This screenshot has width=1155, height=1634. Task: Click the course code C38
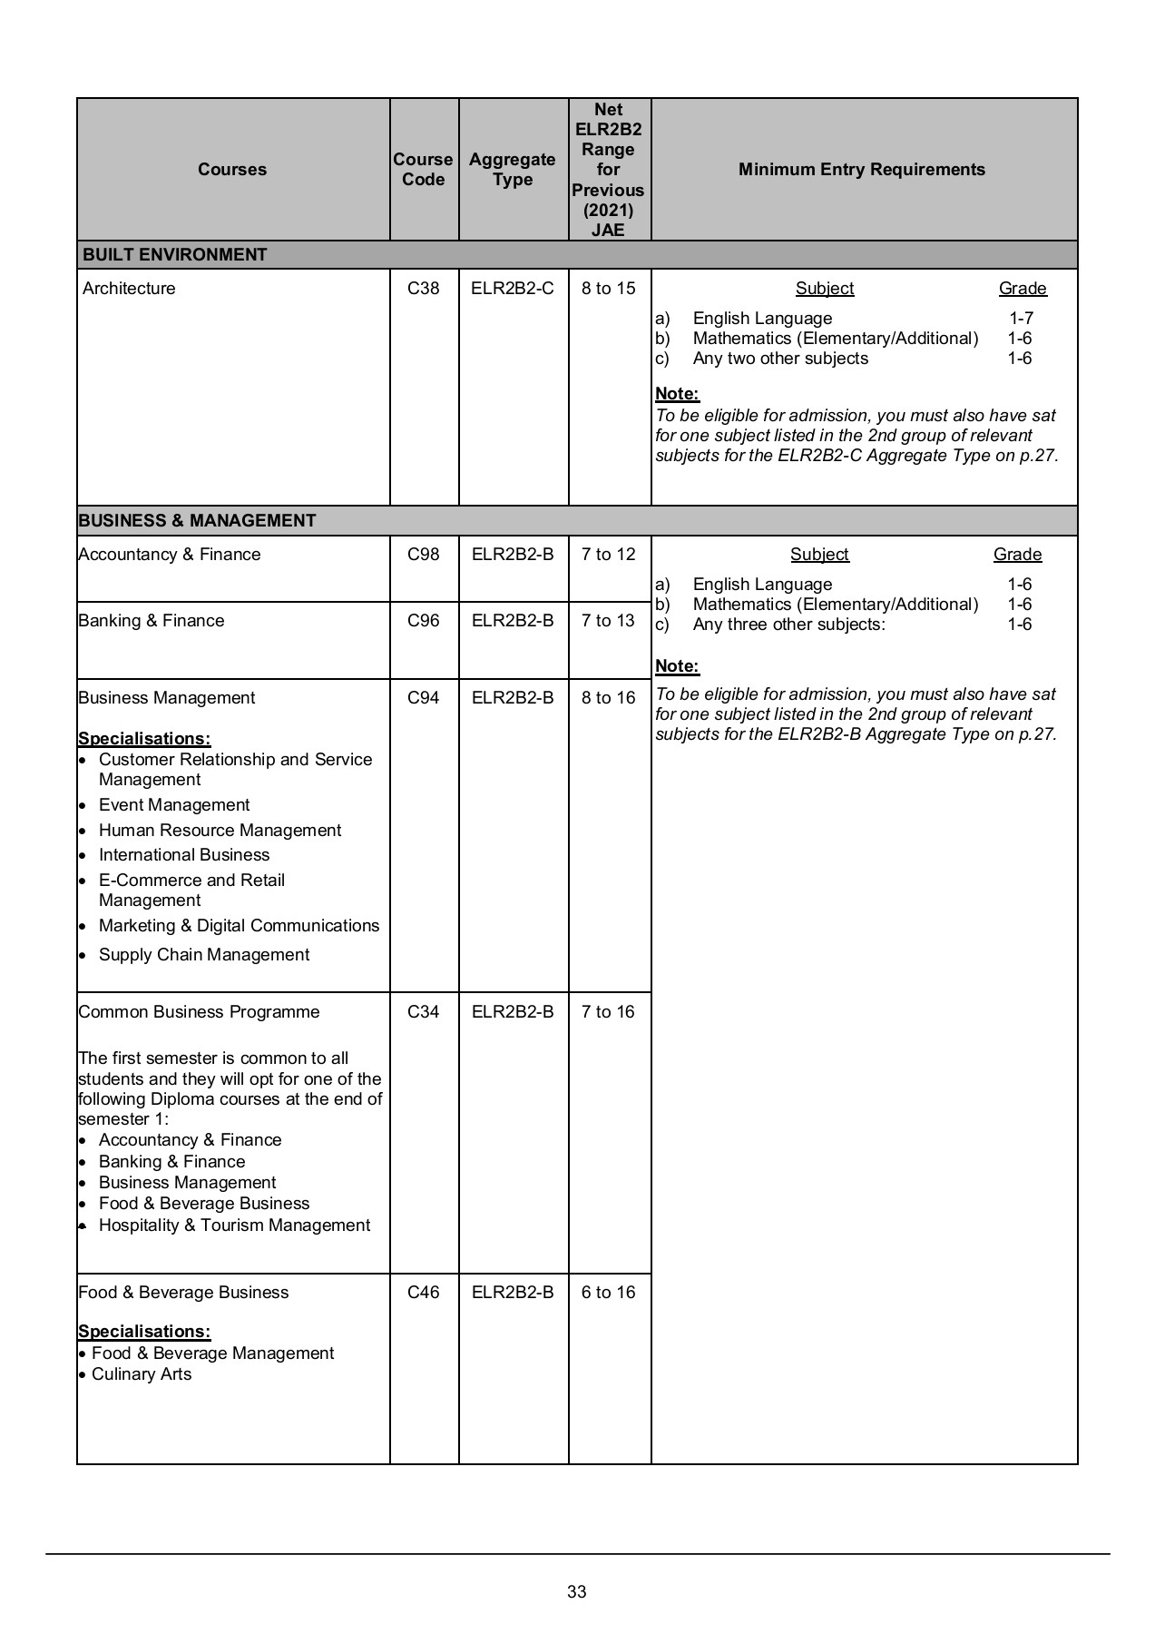click(x=423, y=289)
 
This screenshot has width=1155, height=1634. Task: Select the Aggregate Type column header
click(x=513, y=170)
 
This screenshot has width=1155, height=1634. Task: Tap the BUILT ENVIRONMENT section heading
click(x=175, y=255)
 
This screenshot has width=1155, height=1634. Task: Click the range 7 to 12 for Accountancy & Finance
click(x=608, y=555)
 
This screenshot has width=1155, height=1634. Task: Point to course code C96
click(x=423, y=621)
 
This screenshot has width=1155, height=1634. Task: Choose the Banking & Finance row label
click(x=152, y=621)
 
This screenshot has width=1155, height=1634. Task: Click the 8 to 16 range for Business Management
click(x=608, y=698)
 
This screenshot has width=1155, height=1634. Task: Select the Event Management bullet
click(x=174, y=805)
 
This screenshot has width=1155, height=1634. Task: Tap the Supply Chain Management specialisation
click(x=204, y=955)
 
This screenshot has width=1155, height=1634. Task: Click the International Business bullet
click(x=184, y=855)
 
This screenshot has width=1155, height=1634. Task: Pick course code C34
click(x=423, y=1012)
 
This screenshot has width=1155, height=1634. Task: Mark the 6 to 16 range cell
click(x=608, y=1293)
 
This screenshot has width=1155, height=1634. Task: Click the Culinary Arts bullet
click(x=142, y=1374)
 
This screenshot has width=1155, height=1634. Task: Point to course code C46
click(x=423, y=1293)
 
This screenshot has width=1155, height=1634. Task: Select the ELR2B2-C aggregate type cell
click(x=513, y=289)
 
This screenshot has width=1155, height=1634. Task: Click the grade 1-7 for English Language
click(x=1021, y=319)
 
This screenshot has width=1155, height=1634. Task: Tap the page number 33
click(x=577, y=1591)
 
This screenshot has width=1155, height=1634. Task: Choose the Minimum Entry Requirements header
click(x=862, y=170)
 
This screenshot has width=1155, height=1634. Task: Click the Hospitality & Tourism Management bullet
click(x=234, y=1225)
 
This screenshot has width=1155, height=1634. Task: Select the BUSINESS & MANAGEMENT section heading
click(x=198, y=521)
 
